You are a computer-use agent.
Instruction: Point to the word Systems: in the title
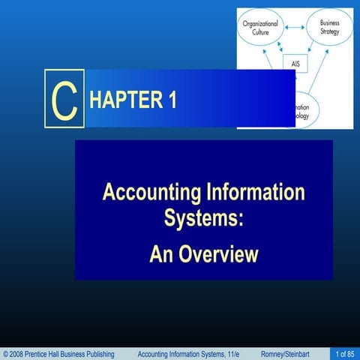[204, 220]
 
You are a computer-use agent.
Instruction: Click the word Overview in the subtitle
[218, 254]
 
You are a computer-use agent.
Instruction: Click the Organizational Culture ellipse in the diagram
[260, 30]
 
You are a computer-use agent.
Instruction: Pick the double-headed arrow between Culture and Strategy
[295, 27]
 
